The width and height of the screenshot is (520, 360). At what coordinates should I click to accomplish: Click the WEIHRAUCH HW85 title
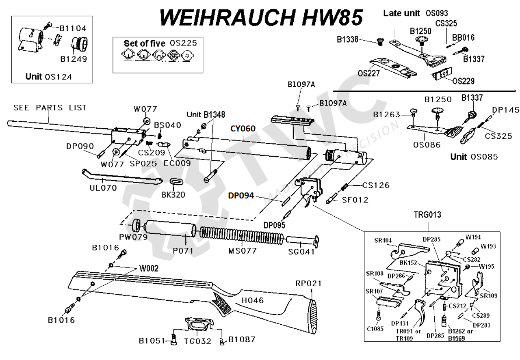260,17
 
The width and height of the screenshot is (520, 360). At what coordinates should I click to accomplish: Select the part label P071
183,251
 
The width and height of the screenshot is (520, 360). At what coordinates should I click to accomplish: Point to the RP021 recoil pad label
308,283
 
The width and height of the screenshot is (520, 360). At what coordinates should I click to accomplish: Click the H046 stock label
253,300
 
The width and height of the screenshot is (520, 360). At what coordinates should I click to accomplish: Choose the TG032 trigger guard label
197,341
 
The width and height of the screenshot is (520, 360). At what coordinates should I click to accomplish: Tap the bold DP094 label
240,196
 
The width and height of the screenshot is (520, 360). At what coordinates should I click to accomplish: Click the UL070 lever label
103,188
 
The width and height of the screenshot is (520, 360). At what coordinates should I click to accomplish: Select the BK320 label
173,194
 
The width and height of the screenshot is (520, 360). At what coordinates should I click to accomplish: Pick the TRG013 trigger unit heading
427,215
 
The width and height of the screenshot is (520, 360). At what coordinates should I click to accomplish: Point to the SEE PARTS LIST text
50,108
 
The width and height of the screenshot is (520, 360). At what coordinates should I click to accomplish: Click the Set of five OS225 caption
157,43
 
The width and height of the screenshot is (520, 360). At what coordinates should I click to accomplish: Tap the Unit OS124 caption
49,76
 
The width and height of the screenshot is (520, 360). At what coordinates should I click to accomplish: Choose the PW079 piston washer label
133,237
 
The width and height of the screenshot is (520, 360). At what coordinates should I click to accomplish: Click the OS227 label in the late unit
369,73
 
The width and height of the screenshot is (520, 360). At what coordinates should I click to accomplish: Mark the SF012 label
355,200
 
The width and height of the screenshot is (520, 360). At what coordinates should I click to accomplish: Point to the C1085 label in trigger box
375,329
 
